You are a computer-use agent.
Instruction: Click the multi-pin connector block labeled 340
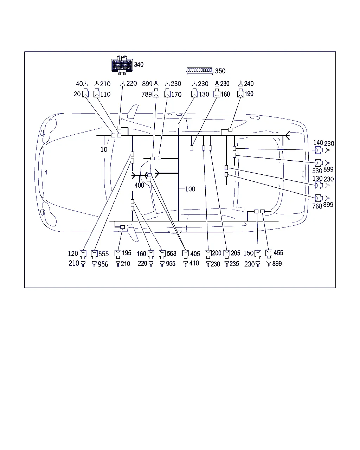122,65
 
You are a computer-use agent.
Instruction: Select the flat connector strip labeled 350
200,70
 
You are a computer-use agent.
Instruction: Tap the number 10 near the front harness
104,149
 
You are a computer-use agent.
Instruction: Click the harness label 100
190,189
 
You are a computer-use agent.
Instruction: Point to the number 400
139,185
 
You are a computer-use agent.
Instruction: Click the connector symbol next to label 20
85,93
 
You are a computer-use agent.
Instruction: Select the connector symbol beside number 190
240,93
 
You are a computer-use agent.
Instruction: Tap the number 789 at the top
147,94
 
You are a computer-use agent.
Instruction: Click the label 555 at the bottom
104,254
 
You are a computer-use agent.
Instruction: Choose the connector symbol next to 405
186,254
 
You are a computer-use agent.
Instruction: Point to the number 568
172,253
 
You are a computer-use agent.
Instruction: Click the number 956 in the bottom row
103,264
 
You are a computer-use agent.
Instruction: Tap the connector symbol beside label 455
269,254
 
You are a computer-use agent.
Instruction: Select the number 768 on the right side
317,206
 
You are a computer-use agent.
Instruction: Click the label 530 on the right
317,171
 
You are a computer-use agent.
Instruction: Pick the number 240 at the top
249,84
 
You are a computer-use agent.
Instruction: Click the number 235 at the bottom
234,264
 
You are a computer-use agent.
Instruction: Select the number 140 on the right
318,143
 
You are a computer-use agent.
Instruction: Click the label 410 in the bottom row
194,263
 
